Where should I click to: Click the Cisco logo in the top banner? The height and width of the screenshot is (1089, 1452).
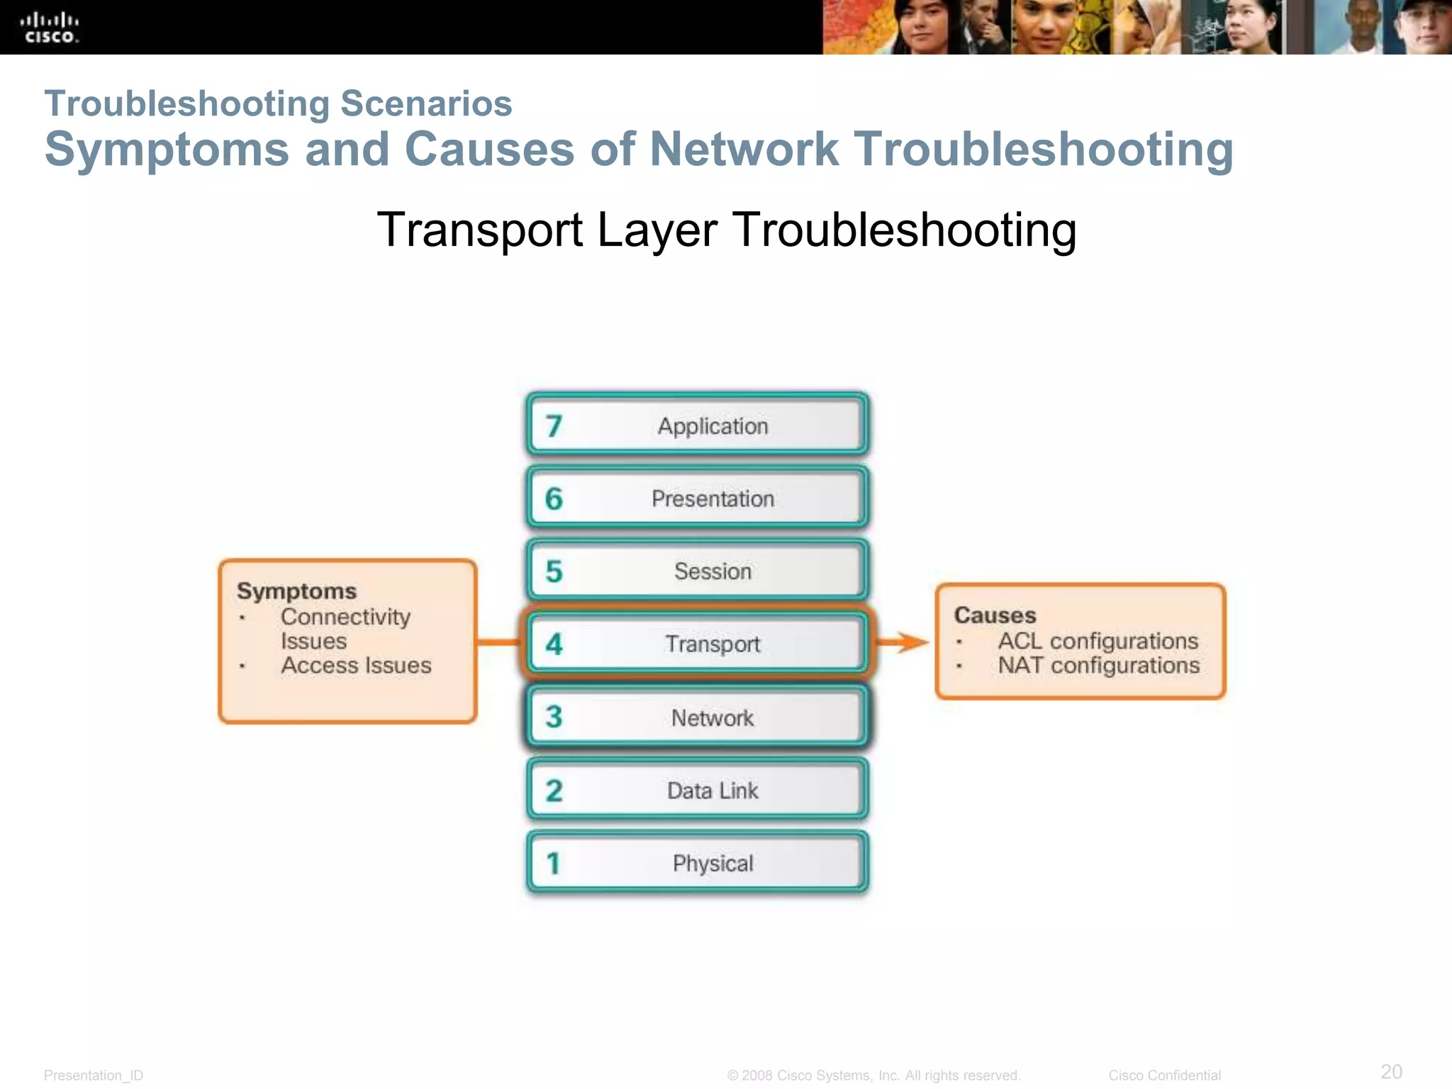point(49,28)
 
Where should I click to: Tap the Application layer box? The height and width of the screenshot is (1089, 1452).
point(698,425)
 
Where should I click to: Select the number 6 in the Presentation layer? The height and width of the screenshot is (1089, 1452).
point(554,499)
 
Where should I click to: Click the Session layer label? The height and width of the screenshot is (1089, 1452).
point(713,571)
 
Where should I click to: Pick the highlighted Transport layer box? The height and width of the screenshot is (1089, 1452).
point(698,644)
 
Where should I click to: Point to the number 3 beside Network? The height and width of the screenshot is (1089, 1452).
point(554,717)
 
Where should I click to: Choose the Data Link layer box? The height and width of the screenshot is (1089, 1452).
point(698,790)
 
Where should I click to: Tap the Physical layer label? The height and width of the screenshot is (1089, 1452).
point(713,864)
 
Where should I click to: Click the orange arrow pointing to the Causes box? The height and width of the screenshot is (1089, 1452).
point(903,642)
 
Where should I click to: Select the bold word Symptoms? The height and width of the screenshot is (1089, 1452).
point(296,591)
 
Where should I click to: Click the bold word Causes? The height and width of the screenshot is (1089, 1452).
point(995,615)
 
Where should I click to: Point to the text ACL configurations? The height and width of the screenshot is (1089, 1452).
point(1098,641)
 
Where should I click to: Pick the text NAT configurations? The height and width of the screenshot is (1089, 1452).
point(1098,666)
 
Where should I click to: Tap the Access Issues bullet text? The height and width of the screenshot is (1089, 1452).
point(356,666)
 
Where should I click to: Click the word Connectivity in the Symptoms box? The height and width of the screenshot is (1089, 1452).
point(345,617)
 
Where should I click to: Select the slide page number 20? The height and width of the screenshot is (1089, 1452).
point(1391,1071)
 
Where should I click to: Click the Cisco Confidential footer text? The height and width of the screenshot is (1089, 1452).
point(1164,1076)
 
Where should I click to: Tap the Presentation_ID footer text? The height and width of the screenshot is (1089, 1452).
point(94,1076)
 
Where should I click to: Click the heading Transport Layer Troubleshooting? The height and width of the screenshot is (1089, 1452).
point(726,230)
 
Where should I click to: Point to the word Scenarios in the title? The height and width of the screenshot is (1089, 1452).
point(426,104)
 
